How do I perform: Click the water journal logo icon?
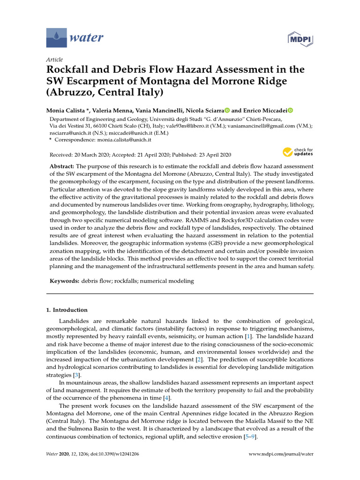[x=56, y=37]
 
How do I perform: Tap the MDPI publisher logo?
[x=300, y=38]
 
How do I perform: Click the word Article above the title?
[x=54, y=60]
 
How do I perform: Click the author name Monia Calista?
[x=65, y=110]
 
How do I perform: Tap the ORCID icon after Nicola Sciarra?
[x=227, y=110]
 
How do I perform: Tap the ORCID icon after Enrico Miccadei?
[x=290, y=110]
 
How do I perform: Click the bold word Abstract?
[x=61, y=166]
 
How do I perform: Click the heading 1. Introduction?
[x=67, y=310]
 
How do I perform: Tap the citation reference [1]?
[x=248, y=337]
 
